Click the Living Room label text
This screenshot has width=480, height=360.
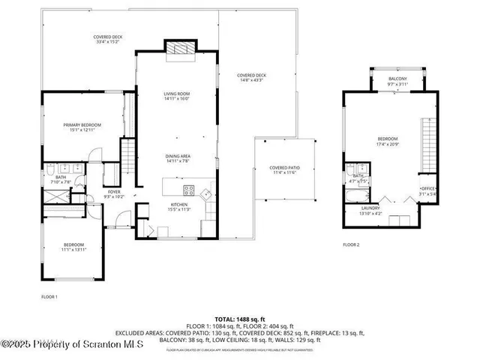pos(178,94)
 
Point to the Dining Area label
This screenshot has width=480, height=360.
pos(178,156)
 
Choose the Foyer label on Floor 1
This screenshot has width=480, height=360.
pos(114,191)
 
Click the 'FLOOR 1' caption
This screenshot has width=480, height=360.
pos(49,298)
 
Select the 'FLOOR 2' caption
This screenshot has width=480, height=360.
pos(351,244)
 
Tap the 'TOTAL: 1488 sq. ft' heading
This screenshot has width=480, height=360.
pos(239,318)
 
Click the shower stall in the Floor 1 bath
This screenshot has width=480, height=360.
pos(55,196)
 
